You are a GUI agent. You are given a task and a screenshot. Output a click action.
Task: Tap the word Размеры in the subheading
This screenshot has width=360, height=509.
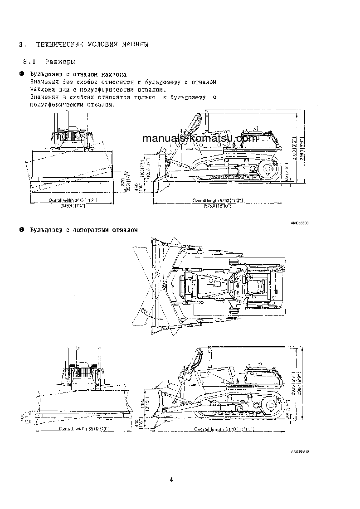pyautogui.click(x=60, y=61)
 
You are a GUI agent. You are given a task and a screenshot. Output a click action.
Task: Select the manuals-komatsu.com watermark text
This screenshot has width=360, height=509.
pyautogui.click(x=200, y=138)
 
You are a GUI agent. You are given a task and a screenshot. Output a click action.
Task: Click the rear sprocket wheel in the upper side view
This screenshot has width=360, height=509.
pyautogui.click(x=267, y=171)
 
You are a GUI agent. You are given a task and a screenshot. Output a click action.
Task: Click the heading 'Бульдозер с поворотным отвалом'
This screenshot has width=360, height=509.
pyautogui.click(x=83, y=230)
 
